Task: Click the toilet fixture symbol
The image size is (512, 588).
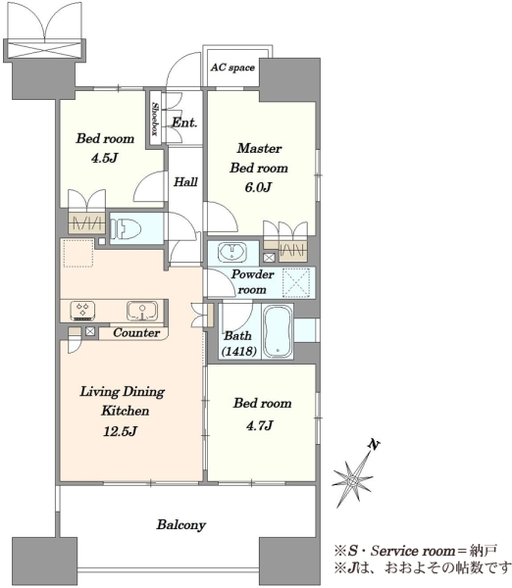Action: (x=126, y=228)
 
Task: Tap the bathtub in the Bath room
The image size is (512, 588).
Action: (x=278, y=331)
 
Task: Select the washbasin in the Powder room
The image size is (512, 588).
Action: (x=232, y=252)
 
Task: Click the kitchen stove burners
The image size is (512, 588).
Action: (x=82, y=311)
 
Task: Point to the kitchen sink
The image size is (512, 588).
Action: (x=142, y=311)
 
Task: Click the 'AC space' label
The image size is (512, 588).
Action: (x=232, y=68)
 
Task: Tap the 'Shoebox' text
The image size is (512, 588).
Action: (x=154, y=119)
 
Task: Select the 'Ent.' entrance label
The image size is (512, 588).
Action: (x=184, y=122)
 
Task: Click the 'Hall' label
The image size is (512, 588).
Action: (x=185, y=182)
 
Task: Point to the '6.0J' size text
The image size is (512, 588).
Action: (x=258, y=187)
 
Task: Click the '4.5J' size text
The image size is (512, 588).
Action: (x=105, y=158)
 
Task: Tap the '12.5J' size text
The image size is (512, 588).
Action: (x=120, y=431)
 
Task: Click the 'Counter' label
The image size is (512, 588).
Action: (x=136, y=332)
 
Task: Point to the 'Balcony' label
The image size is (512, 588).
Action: (x=180, y=524)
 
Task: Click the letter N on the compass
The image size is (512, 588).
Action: (x=374, y=445)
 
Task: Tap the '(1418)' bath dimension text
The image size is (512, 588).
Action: (x=239, y=352)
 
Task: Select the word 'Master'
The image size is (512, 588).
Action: (x=259, y=148)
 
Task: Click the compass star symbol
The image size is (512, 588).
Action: (x=353, y=478)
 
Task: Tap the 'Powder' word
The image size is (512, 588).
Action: (x=252, y=274)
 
